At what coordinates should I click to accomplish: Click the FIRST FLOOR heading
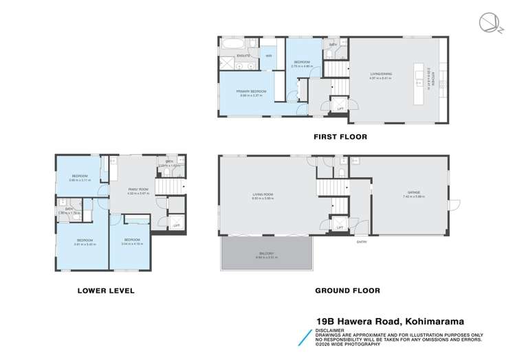[341, 137]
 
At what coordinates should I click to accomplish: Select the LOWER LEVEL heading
[107, 291]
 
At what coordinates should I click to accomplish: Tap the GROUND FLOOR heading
[347, 291]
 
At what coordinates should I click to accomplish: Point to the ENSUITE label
[243, 55]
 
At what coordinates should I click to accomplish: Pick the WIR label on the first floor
[270, 55]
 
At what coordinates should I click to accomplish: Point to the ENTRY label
[361, 241]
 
